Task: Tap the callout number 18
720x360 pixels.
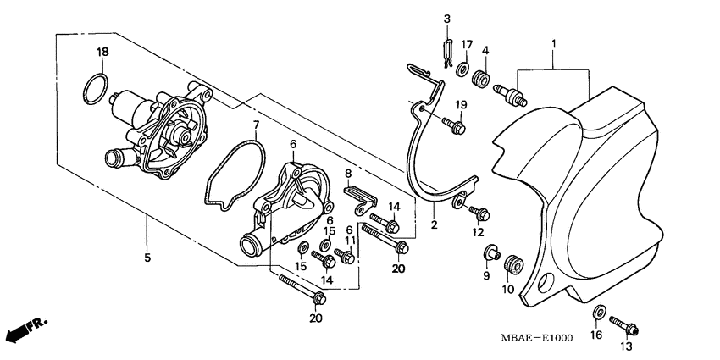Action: (x=102, y=53)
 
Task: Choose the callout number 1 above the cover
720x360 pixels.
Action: (x=552, y=42)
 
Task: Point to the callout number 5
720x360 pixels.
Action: (x=147, y=258)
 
